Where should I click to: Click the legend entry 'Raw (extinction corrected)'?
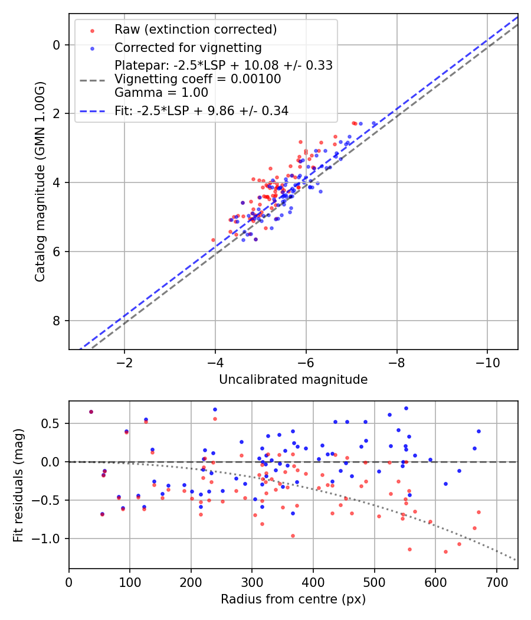[x=195, y=30]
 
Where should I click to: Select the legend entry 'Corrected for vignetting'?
[x=188, y=47]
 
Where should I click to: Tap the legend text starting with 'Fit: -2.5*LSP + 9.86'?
[x=202, y=110]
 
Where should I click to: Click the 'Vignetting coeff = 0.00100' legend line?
[x=198, y=79]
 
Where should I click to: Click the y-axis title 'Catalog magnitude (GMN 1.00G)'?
[x=40, y=182]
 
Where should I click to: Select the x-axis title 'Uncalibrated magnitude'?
[x=293, y=380]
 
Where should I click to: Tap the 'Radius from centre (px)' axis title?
[x=293, y=599]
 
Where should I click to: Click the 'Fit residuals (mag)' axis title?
[x=18, y=485]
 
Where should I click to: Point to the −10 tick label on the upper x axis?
[x=487, y=361]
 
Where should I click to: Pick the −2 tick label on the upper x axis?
[x=124, y=361]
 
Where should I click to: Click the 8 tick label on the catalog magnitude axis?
[x=57, y=321]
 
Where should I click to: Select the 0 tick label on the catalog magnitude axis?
[x=57, y=45]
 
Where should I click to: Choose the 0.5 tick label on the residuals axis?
[x=53, y=423]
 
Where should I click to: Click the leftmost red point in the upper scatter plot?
[x=213, y=240]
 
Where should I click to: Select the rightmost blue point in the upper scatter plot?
[x=373, y=123]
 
